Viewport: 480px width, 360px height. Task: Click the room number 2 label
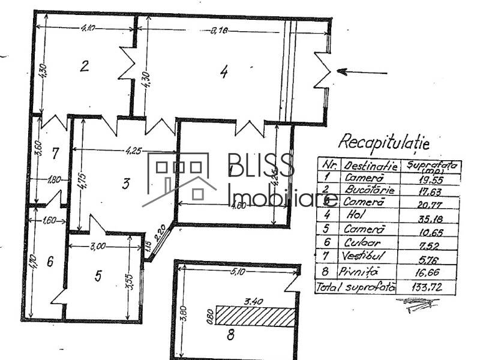(85, 65)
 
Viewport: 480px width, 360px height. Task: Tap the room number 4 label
(224, 72)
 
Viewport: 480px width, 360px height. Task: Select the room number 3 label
(125, 184)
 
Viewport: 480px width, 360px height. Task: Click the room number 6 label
(50, 262)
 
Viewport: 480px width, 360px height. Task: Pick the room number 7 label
(55, 153)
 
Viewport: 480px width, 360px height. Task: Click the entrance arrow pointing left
(362, 72)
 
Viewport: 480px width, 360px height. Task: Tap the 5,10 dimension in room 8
(238, 271)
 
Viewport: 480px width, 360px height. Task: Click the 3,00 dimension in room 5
(98, 245)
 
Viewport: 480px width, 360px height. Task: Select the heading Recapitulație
(383, 142)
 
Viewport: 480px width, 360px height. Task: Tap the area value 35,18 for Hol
(427, 216)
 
